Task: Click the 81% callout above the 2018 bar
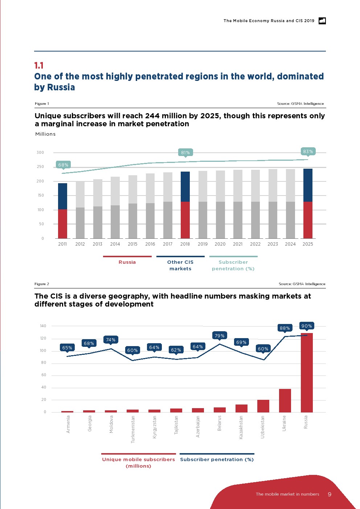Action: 185,153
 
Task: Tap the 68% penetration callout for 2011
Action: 63,165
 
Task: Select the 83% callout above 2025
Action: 308,152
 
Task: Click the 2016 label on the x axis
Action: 150,244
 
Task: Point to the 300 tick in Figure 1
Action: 40,153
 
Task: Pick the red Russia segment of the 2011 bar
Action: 62,223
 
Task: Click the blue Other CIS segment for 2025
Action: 308,185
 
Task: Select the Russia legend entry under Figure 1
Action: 127,262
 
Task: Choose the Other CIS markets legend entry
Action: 180,265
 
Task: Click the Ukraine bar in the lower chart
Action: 285,401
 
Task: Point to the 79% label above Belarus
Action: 220,336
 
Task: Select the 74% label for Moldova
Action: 111,340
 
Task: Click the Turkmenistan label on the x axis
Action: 133,429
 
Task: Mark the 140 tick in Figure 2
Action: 43,326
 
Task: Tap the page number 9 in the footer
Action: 330,494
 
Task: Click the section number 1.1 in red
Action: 39,66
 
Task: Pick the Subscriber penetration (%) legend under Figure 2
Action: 217,459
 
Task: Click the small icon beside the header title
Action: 322,21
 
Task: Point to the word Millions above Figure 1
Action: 45,134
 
